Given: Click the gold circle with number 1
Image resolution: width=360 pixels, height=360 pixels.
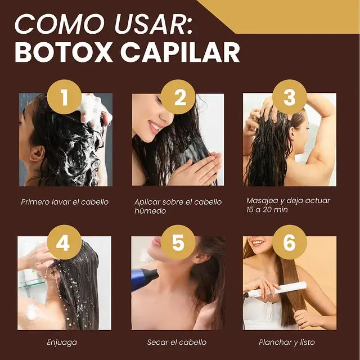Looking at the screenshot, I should click(x=64, y=97).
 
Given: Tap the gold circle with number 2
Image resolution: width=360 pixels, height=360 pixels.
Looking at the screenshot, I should click(x=179, y=97).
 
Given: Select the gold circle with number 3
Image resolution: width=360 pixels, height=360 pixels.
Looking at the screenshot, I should click(x=289, y=97).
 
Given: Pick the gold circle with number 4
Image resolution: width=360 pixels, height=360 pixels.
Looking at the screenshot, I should click(x=64, y=242).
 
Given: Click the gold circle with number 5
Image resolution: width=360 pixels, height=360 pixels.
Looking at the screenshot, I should click(x=178, y=242).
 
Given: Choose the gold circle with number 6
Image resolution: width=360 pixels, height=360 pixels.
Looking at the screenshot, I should click(x=289, y=242).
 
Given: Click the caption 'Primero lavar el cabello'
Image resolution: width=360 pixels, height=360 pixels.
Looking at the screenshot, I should click(x=65, y=201).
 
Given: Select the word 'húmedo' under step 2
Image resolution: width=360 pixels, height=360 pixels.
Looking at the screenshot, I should click(x=150, y=211).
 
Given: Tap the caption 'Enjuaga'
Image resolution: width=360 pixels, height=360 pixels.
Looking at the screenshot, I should click(x=62, y=342).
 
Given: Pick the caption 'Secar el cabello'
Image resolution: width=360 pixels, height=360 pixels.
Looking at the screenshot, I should click(x=177, y=342).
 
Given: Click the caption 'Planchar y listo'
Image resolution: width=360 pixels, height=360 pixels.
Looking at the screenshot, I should click(x=287, y=342).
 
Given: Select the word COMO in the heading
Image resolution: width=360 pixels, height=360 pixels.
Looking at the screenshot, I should click(x=55, y=24).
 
